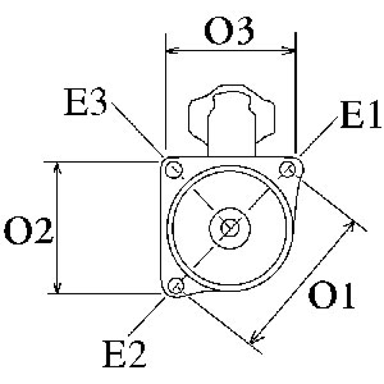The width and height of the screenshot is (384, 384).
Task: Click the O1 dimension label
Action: click(x=331, y=297)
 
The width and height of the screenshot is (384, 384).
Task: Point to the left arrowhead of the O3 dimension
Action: click(x=169, y=50)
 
